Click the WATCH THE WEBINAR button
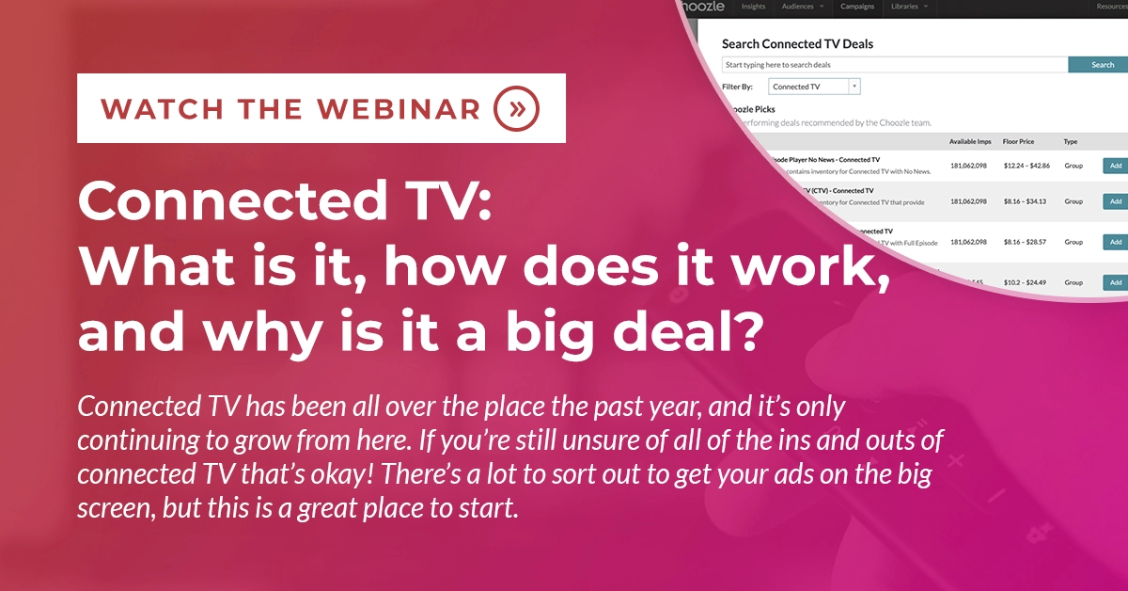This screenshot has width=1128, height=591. click(x=321, y=107)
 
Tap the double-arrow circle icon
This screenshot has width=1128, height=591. click(x=516, y=108)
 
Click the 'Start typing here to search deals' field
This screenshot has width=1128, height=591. click(x=894, y=65)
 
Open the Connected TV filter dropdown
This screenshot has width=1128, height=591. click(x=814, y=87)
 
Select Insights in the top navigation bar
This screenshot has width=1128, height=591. click(x=753, y=7)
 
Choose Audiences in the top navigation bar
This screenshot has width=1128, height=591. click(x=802, y=7)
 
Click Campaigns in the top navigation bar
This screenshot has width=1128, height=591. click(x=856, y=7)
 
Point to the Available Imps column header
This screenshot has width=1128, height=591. click(x=971, y=141)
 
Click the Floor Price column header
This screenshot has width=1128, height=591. click(x=1020, y=141)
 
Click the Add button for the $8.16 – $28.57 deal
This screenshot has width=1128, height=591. click(x=1115, y=242)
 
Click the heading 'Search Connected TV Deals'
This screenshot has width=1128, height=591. click(x=797, y=43)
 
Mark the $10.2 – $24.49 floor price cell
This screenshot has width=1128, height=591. click(x=1026, y=282)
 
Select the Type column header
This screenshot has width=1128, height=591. click(x=1070, y=141)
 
